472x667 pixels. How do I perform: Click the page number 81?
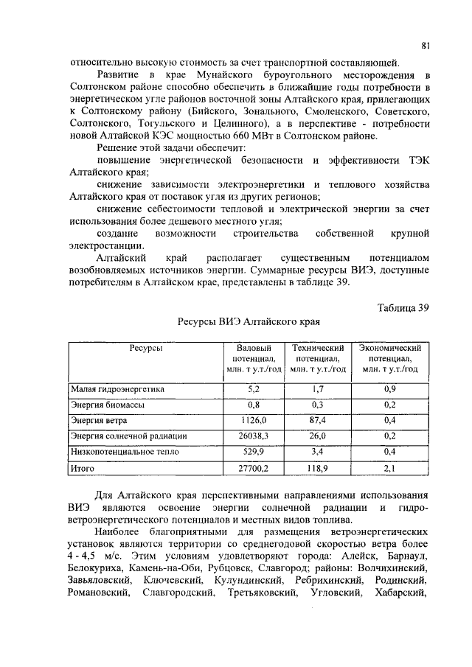coord(426,46)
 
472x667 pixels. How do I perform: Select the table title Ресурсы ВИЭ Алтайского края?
coord(249,322)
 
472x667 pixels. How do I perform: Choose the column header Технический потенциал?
coord(319,358)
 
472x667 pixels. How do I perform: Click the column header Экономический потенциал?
coord(389,358)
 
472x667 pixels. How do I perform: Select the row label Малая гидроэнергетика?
coord(118,388)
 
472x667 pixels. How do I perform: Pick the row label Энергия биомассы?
coord(107,405)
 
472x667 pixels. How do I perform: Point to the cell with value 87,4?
coord(319,420)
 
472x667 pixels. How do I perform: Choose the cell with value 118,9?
coord(319,467)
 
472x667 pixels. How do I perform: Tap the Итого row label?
coord(83,467)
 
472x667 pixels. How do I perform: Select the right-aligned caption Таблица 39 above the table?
coord(403,307)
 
